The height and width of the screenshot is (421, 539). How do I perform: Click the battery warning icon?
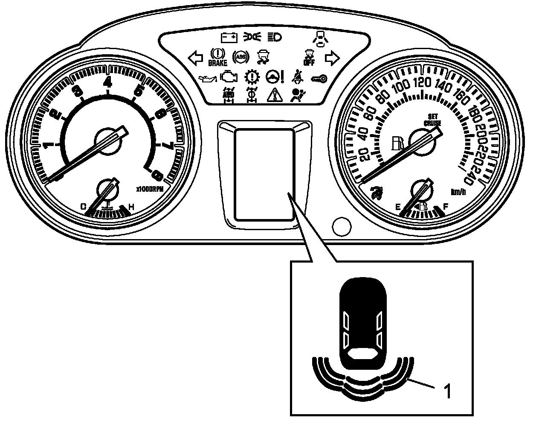[x=229, y=38]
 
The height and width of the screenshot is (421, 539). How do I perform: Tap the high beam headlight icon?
[x=274, y=38]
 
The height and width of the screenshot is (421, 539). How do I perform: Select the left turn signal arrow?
[x=195, y=58]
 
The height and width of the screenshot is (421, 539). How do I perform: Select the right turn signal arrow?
[x=331, y=57]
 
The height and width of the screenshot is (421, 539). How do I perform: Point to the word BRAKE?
[x=217, y=63]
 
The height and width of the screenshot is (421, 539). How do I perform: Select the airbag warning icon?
[x=295, y=94]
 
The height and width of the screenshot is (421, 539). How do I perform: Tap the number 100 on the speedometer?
[x=400, y=87]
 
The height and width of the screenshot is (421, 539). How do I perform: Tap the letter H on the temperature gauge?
[x=131, y=207]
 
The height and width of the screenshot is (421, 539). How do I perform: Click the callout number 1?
[x=447, y=391]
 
